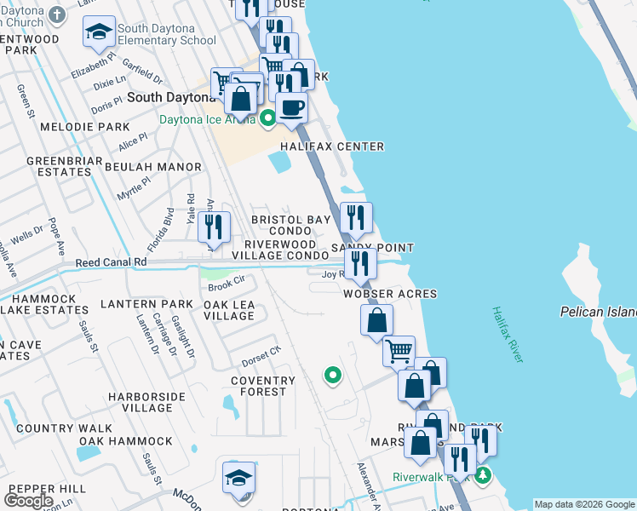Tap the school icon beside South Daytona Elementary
pyautogui.click(x=99, y=34)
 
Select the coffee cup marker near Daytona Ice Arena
pyautogui.click(x=291, y=108)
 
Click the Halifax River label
pyautogui.click(x=506, y=335)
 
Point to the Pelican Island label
pyautogui.click(x=597, y=312)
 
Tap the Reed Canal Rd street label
pyautogui.click(x=111, y=263)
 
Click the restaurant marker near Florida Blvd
pyautogui.click(x=214, y=227)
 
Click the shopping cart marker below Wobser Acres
pyautogui.click(x=398, y=350)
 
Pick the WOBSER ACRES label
pyautogui.click(x=389, y=294)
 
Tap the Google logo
pyautogui.click(x=28, y=501)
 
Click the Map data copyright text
pyautogui.click(x=583, y=504)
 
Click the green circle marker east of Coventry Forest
pyautogui.click(x=333, y=374)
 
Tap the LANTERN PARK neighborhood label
pyautogui.click(x=146, y=303)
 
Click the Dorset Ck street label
pyautogui.click(x=261, y=353)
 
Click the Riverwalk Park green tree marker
pyautogui.click(x=484, y=474)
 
